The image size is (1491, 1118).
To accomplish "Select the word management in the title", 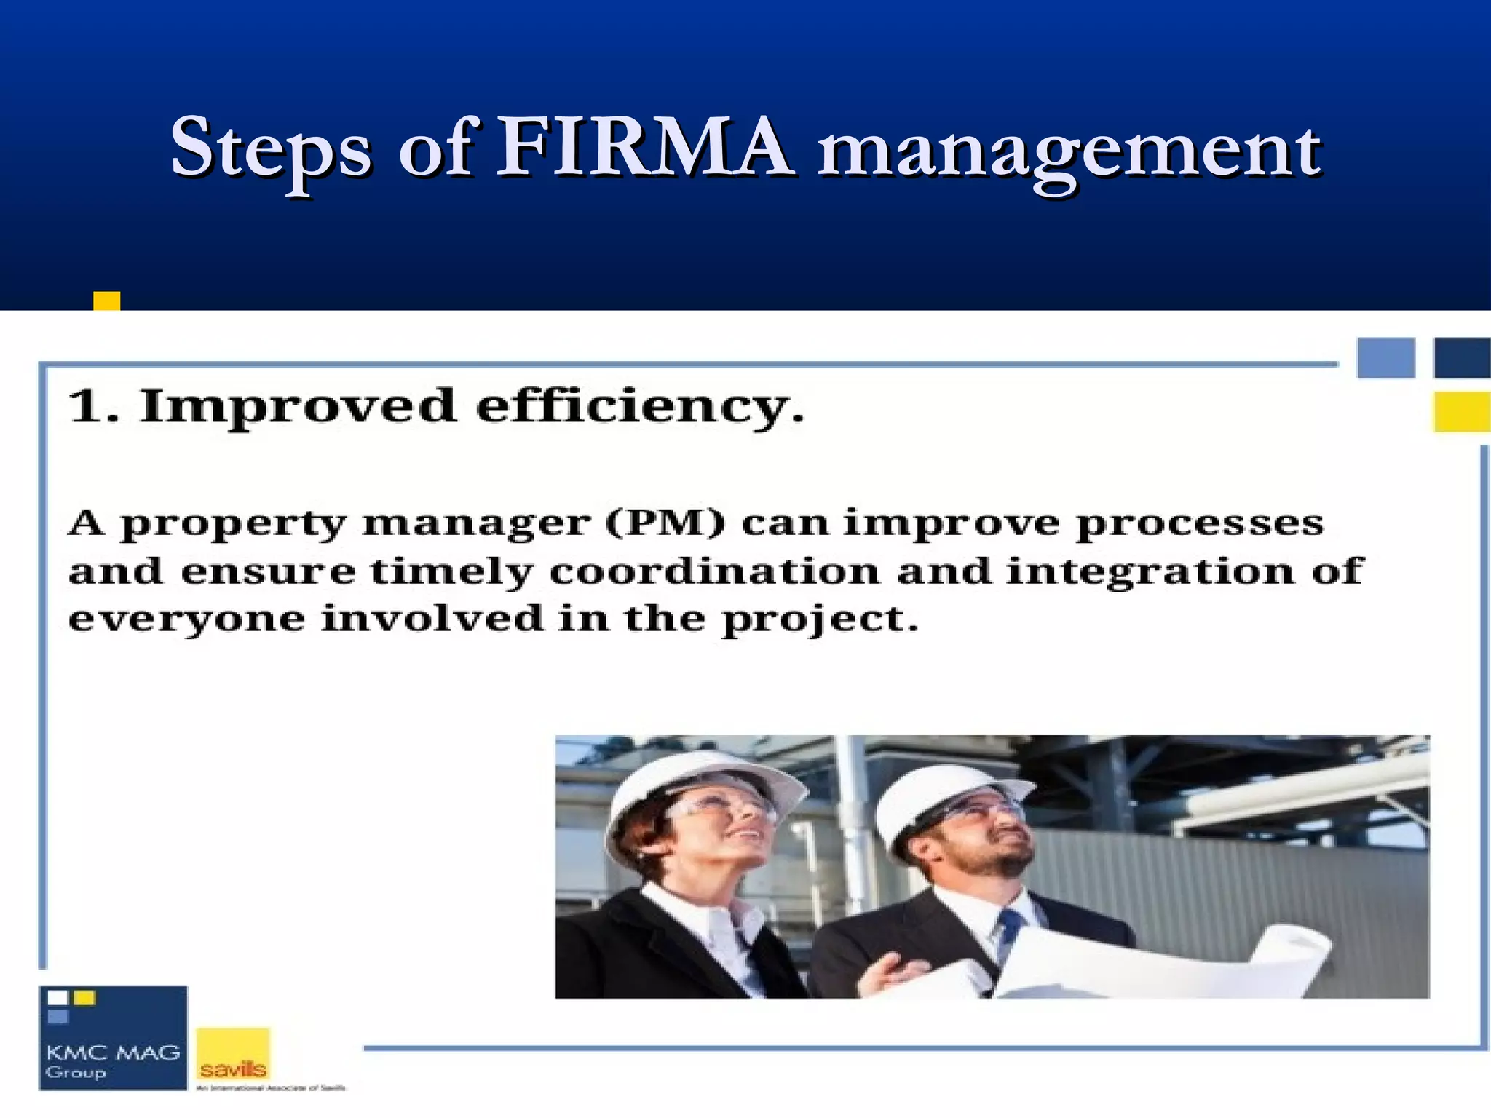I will click(x=1069, y=153).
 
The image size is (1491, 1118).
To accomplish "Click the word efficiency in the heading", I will click(x=640, y=407).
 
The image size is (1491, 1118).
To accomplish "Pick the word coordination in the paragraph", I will click(x=714, y=571).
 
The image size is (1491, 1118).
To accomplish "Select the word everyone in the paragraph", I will click(x=186, y=620).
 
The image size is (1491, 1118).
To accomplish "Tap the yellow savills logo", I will click(x=233, y=1055).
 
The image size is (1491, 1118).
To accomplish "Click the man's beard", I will click(x=1001, y=866).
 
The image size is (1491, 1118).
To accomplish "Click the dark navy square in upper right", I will click(x=1461, y=358).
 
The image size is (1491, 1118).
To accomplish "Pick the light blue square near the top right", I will click(x=1386, y=358).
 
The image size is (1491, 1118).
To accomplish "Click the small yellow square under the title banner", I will click(x=106, y=301).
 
